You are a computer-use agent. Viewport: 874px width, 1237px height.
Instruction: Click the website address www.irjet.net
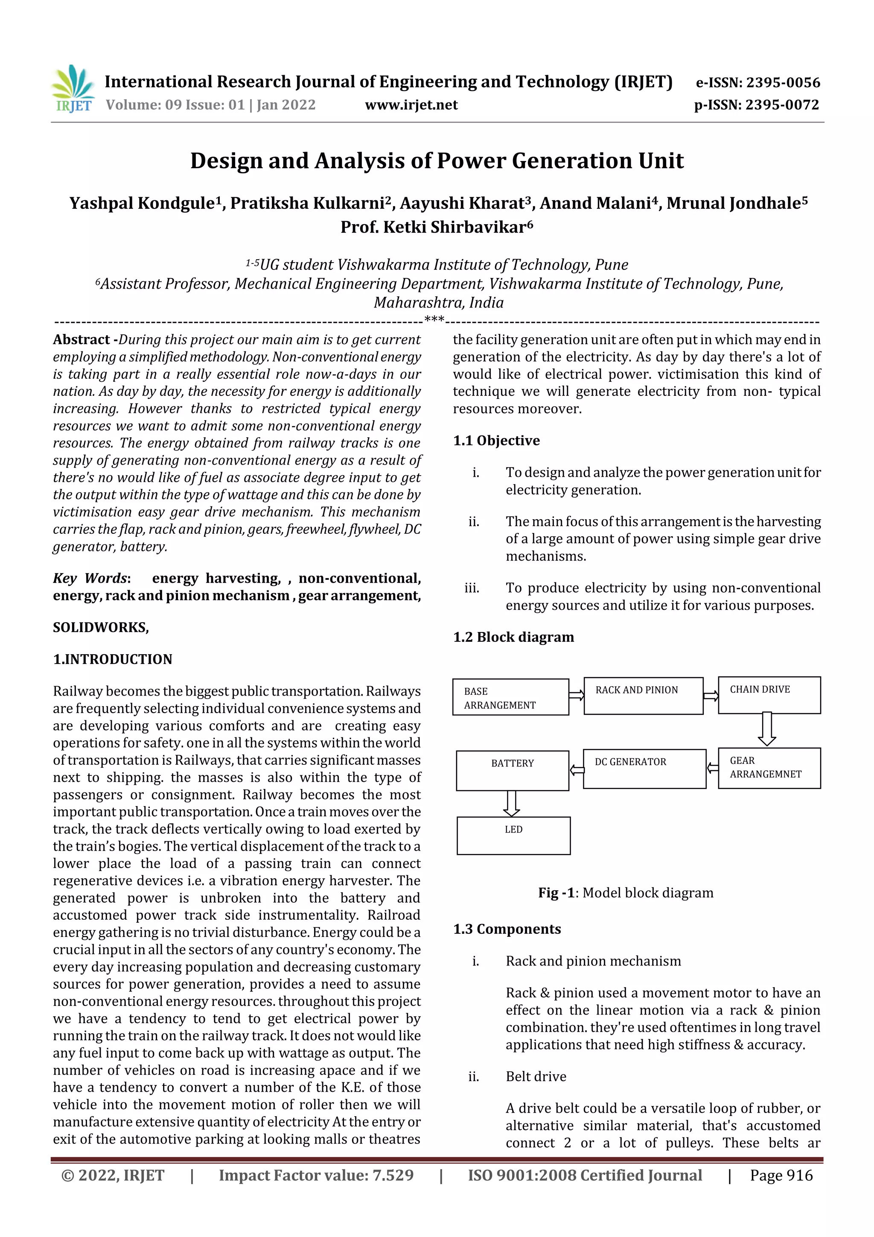tap(411, 105)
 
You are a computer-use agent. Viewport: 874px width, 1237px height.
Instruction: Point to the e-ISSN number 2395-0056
tap(757, 82)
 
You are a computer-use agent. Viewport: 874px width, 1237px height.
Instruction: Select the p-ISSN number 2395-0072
tap(756, 105)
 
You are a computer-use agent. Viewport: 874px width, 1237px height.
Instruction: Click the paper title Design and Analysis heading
tap(437, 161)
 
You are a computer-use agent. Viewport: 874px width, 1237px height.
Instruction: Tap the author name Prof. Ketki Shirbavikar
tap(436, 227)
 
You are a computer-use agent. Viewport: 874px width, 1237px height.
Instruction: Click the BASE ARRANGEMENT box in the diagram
tap(510, 697)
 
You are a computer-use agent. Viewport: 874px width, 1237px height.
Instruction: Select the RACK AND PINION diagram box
tap(643, 696)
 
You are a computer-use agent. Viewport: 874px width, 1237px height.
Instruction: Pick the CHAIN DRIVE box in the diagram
tap(769, 695)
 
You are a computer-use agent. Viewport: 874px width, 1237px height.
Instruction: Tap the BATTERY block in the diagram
tap(512, 770)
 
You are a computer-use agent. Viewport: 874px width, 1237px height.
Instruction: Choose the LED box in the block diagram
tap(513, 836)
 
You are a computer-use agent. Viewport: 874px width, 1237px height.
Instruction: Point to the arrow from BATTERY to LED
tap(511, 803)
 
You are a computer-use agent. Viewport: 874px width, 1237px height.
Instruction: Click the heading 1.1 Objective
tap(496, 441)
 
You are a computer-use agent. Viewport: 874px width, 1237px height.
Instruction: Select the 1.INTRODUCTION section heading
tap(113, 659)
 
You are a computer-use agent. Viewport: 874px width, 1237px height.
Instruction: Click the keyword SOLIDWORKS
tap(101, 627)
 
